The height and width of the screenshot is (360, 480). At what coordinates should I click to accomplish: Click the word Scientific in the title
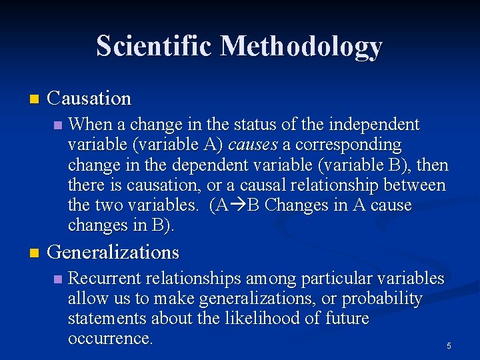click(155, 46)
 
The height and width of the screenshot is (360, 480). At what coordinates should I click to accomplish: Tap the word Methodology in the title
click(301, 47)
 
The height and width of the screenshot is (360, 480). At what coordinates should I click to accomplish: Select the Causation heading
click(90, 99)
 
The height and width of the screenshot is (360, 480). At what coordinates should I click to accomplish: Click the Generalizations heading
click(114, 252)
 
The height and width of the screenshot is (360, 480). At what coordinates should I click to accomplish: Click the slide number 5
click(449, 346)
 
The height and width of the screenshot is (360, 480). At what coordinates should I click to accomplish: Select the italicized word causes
click(253, 145)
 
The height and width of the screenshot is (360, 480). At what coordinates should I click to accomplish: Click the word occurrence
click(110, 338)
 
